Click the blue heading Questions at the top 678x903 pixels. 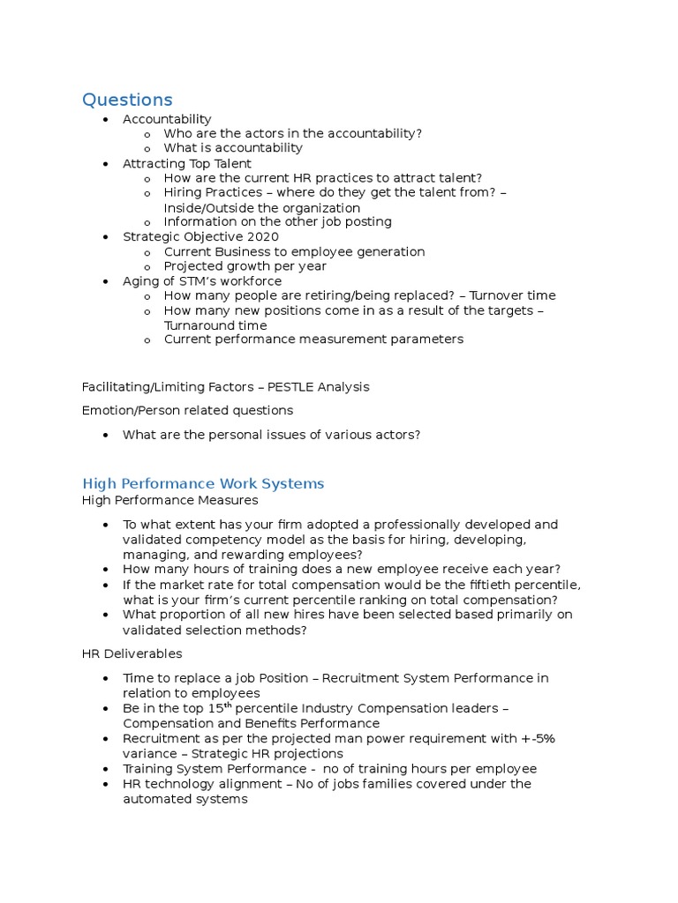tap(127, 100)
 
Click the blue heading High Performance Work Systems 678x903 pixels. tap(203, 483)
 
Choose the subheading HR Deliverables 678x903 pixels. tap(132, 653)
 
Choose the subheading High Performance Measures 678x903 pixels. tap(169, 500)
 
